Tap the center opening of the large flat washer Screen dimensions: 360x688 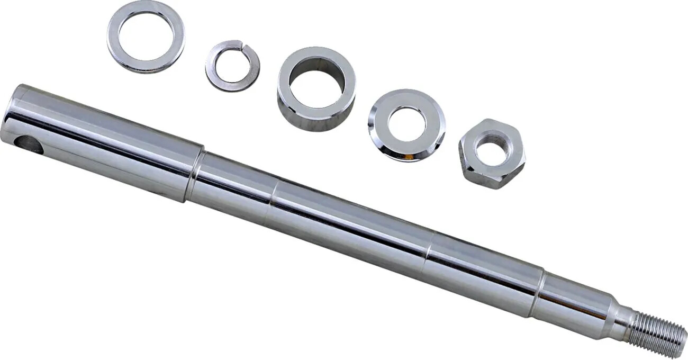pyautogui.click(x=146, y=36)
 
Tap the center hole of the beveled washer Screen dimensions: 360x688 pyautogui.click(x=406, y=124)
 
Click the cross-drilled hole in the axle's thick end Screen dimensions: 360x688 pyautogui.click(x=29, y=145)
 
